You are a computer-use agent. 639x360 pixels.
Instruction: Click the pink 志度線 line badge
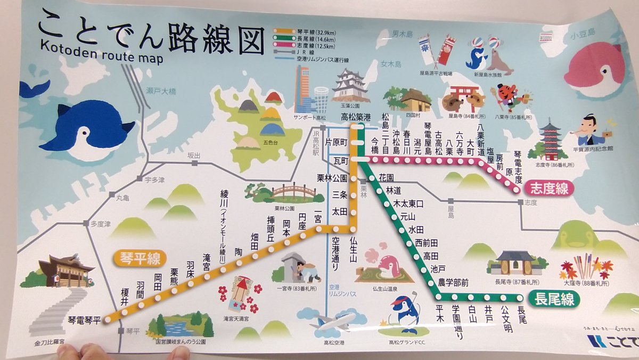point(548,187)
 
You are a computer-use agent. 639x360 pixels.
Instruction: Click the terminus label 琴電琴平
point(84,321)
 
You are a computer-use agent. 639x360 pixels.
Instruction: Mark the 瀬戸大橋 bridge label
point(160,92)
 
